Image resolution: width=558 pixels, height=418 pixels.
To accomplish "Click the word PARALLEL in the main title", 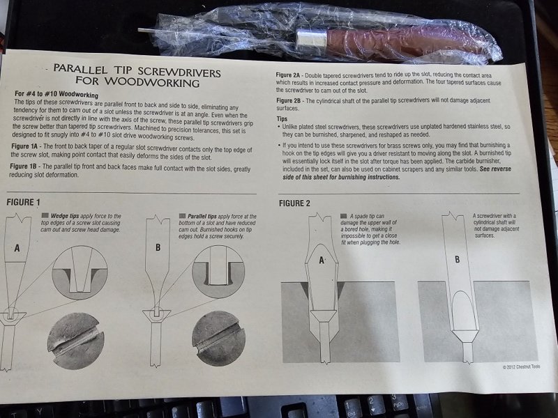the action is point(80,68).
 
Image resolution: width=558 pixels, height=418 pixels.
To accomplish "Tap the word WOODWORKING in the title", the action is point(151,82).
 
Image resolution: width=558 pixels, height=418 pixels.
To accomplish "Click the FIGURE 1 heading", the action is point(24,202).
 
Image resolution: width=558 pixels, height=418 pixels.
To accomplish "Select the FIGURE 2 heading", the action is point(294,203).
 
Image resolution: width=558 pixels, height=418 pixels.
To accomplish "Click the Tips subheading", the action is point(282,118).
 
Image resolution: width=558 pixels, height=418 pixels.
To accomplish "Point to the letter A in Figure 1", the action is point(17,248).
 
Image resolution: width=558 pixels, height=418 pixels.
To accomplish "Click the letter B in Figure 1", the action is point(158,247).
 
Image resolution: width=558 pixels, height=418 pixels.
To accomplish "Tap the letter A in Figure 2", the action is point(322,261).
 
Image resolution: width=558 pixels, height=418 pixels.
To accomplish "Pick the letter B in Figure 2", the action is point(458,259).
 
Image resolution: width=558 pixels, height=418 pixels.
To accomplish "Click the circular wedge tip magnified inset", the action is point(80,273).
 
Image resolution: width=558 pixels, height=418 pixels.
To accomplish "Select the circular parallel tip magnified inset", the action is point(218,272).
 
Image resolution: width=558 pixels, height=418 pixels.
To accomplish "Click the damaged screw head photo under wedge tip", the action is point(76,341).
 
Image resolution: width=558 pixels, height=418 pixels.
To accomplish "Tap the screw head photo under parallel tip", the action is point(218,339).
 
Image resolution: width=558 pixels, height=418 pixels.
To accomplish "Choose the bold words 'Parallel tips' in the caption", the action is point(202,216).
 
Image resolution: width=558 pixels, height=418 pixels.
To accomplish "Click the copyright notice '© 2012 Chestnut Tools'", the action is point(521,366).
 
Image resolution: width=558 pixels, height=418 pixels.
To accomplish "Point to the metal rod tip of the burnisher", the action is point(140,30).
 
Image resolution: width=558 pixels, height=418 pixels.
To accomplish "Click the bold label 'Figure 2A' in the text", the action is point(288,75).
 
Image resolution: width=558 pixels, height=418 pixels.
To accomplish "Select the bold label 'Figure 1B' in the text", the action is point(24,166).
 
